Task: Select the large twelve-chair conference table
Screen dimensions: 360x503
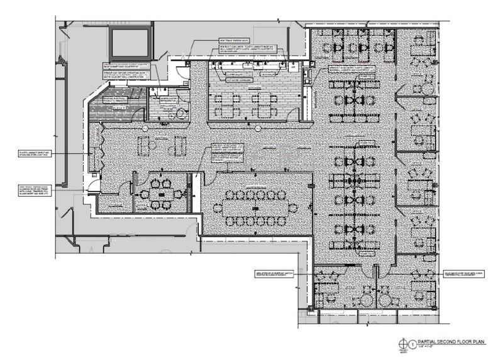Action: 257,207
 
